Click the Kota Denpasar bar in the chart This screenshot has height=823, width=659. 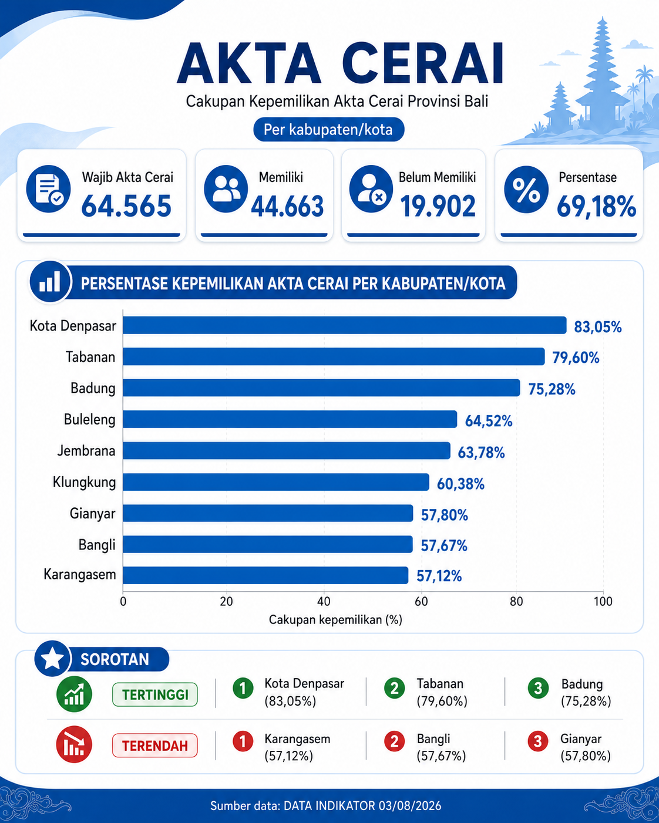point(344,325)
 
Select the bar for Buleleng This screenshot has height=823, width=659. point(290,420)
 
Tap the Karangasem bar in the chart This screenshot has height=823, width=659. point(265,575)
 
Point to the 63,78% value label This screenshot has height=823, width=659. point(481,453)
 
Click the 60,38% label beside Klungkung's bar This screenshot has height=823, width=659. point(460,484)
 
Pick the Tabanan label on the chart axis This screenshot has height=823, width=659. point(90,357)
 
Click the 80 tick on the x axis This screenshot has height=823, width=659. point(516,602)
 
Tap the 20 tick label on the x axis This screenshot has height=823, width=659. point(226,602)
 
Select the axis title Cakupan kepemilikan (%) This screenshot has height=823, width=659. point(335,620)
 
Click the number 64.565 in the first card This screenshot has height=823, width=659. point(126,206)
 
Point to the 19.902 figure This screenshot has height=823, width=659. point(438,206)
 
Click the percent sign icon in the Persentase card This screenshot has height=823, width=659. point(526,189)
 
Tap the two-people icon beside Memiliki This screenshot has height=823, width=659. point(226,189)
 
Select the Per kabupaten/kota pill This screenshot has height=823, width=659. point(329,130)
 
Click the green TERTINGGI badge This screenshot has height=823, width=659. point(155,694)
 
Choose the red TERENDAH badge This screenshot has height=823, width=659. point(155,746)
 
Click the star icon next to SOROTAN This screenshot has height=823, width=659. point(52,659)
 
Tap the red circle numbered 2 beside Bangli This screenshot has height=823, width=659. point(395,741)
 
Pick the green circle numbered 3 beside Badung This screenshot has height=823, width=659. point(538,688)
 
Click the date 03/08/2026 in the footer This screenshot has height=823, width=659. point(410,806)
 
